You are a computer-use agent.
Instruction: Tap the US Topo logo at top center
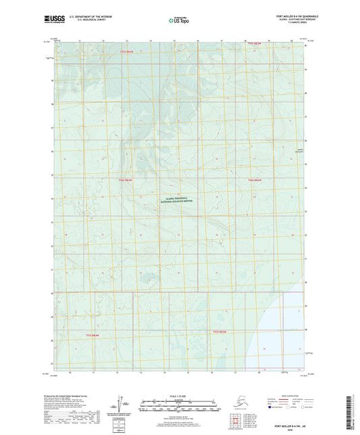click(x=179, y=21)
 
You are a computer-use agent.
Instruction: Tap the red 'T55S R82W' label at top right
click(x=254, y=45)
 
